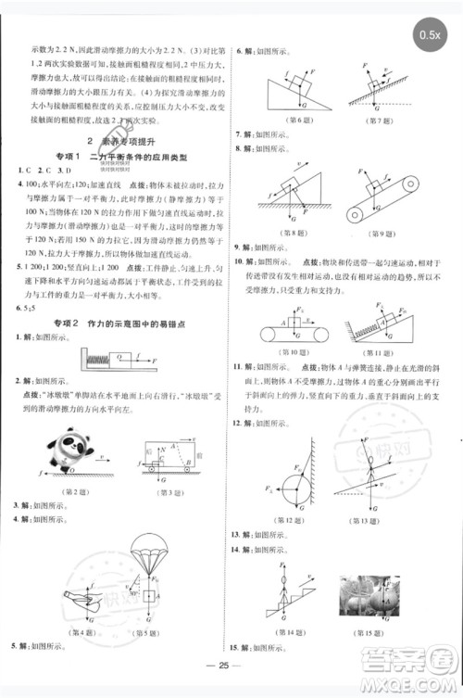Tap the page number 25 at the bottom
pos(231,670)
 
